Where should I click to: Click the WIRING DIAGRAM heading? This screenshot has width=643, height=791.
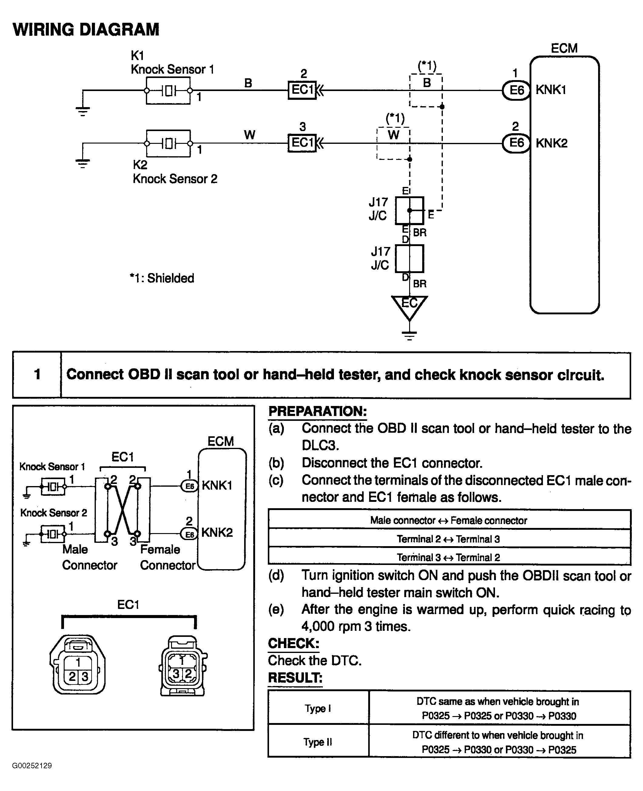[x=86, y=30]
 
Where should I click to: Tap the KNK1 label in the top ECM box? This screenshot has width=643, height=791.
[x=550, y=90]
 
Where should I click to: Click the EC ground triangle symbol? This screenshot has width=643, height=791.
[x=409, y=306]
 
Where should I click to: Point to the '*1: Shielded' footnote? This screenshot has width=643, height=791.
[x=162, y=278]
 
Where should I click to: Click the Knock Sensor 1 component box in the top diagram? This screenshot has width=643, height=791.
[x=168, y=91]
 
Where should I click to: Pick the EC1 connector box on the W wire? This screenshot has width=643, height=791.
[x=302, y=143]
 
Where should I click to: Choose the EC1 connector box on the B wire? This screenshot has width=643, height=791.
[x=302, y=90]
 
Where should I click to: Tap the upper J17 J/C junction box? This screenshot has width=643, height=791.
[x=409, y=211]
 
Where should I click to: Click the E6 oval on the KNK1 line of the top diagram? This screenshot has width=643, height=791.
[x=516, y=90]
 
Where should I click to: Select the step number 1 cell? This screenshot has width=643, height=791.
[x=37, y=375]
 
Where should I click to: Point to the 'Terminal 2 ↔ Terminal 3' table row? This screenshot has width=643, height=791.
[x=449, y=539]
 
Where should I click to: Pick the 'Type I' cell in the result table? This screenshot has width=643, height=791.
[x=318, y=708]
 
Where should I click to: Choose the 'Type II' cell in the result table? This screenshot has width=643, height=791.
[x=318, y=742]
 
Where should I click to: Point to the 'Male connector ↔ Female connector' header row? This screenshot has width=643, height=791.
[x=449, y=521]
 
